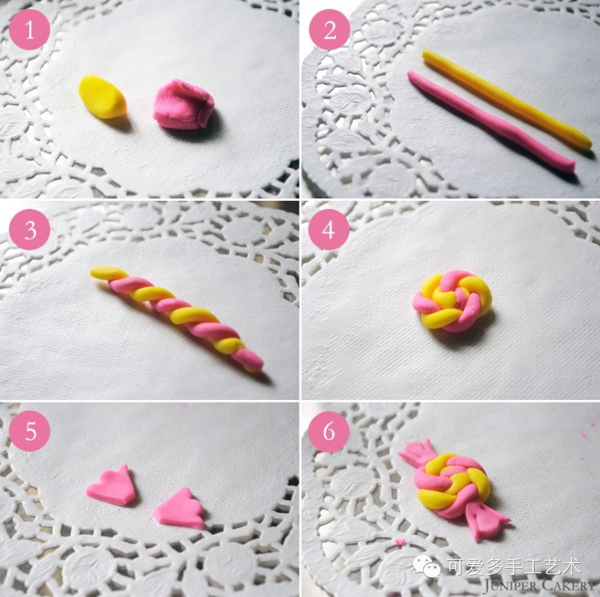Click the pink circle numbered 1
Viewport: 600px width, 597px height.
29,29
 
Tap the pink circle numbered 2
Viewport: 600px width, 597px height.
329,29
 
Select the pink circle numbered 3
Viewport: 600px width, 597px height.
29,229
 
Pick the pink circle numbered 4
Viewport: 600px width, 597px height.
329,229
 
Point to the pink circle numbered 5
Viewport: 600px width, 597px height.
29,431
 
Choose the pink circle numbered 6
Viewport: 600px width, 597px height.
329,431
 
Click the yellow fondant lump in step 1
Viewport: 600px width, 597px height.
103,97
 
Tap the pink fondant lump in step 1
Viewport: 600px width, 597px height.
183,104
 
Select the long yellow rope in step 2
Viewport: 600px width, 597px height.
506,99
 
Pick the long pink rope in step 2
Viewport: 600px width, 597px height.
490,123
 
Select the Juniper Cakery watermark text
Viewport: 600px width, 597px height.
539,585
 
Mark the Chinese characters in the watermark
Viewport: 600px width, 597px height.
514,567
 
